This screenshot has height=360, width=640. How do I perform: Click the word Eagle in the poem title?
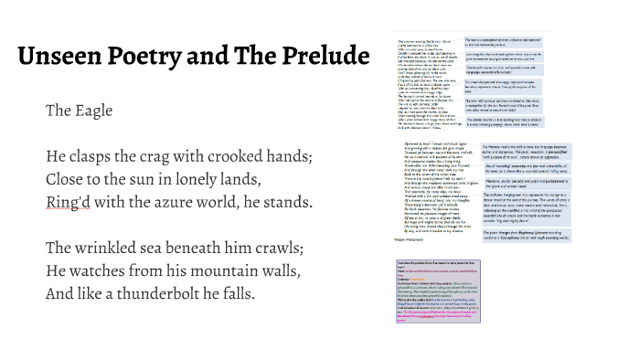pos(92,111)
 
